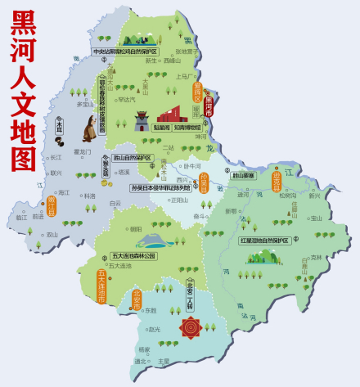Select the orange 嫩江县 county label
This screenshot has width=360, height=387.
point(52,205)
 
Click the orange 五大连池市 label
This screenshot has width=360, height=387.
point(101,286)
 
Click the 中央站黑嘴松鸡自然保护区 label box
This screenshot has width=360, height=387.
point(124,51)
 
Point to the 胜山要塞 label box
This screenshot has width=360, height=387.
point(244,176)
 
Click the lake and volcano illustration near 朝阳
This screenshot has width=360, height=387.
point(151,240)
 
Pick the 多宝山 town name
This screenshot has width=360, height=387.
point(85,104)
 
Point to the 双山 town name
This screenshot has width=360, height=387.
point(52,234)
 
